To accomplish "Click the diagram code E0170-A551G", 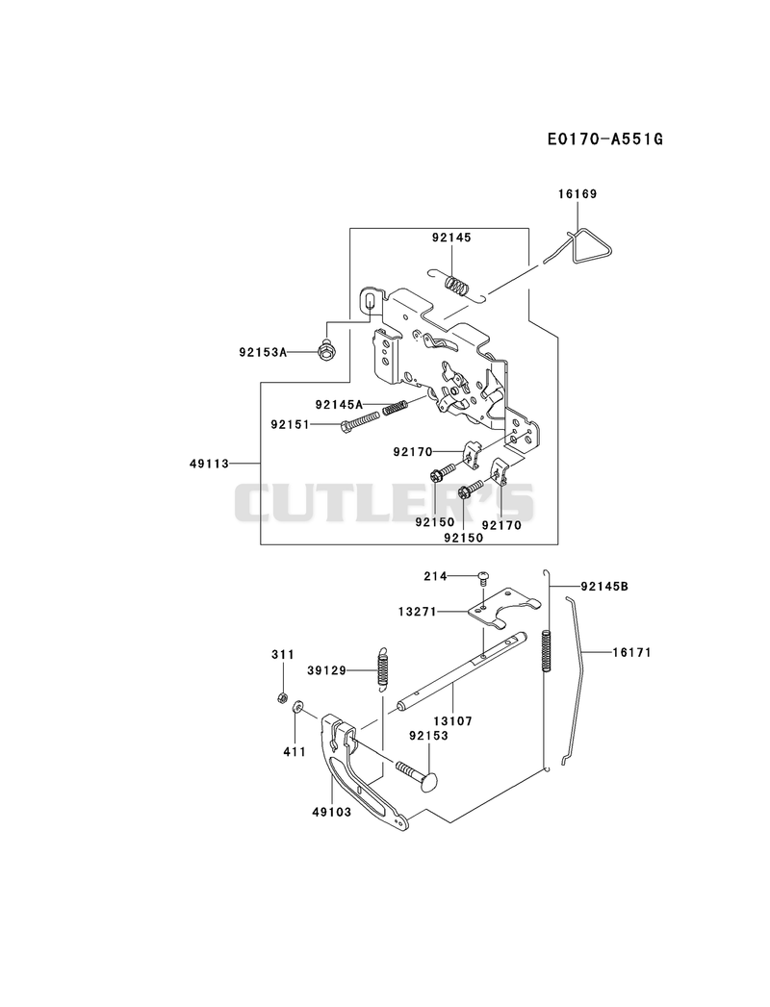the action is pyautogui.click(x=604, y=138).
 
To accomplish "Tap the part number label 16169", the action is pyautogui.click(x=577, y=194).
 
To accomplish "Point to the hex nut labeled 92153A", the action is pyautogui.click(x=326, y=351).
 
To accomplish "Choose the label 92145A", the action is pyautogui.click(x=340, y=404).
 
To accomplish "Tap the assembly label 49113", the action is pyautogui.click(x=210, y=463).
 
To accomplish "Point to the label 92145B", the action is pyautogui.click(x=604, y=586).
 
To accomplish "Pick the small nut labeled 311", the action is pyautogui.click(x=281, y=697).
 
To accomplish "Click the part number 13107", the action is pyautogui.click(x=452, y=721).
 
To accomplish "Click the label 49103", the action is pyautogui.click(x=332, y=813).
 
